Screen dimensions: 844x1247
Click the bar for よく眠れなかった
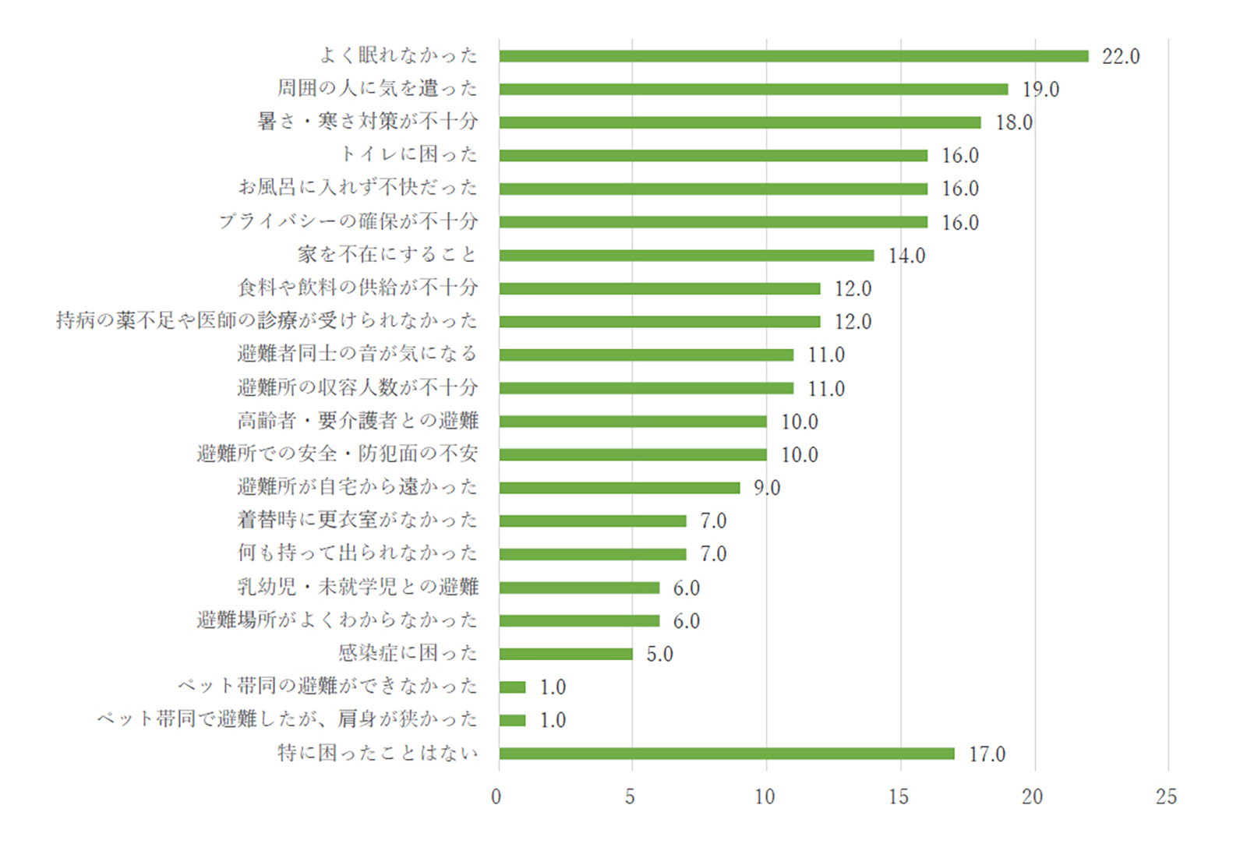coord(793,56)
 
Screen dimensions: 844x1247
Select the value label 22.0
coord(1120,56)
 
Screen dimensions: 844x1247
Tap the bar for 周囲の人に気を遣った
coord(754,90)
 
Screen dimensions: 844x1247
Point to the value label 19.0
coord(1040,90)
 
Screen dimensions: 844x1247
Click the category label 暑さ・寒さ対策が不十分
coord(368,122)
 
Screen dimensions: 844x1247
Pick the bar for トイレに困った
coord(713,156)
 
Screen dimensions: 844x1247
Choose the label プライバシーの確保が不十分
coord(348,221)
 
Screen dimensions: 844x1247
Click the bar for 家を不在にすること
coord(687,256)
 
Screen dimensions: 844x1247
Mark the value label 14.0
coord(906,256)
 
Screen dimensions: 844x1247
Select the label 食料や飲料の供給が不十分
coord(358,288)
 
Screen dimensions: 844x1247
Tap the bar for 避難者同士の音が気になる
coord(646,355)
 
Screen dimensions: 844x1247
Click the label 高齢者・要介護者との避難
coord(358,421)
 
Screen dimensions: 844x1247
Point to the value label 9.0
coord(766,488)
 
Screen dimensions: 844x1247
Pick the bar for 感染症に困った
coord(566,654)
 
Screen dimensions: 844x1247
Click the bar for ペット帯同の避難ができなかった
coord(513,687)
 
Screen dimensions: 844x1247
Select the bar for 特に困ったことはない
coord(726,754)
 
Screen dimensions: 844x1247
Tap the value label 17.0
coord(987,754)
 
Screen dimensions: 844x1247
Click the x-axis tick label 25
coord(1166,796)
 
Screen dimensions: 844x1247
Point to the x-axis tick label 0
coord(496,796)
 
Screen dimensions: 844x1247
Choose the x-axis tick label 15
coord(899,796)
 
